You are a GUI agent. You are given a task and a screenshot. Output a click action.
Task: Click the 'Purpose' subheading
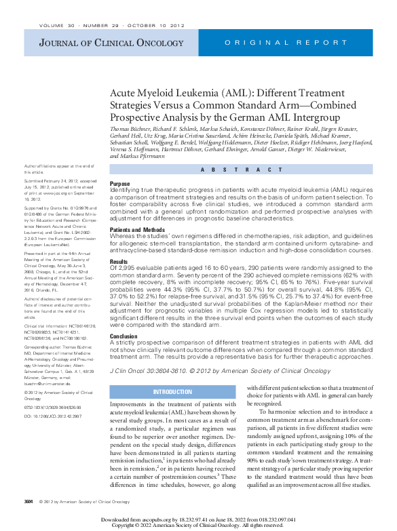coord(120,184)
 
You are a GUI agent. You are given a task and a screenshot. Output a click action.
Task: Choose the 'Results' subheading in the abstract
coord(119,260)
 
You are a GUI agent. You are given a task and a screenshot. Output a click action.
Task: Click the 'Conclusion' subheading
coord(124,336)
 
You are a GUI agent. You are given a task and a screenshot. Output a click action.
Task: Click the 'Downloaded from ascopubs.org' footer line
coord(198,519)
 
